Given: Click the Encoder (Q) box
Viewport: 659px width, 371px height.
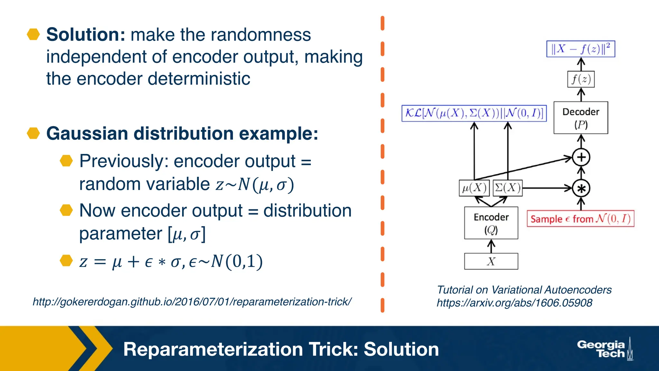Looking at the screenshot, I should [491, 223].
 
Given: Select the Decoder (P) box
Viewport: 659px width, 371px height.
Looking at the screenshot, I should [581, 118].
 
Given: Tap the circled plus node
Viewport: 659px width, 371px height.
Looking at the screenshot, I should [581, 157].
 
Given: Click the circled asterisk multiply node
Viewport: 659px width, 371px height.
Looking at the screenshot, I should [581, 188].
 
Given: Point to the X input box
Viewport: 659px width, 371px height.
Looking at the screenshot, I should [491, 261].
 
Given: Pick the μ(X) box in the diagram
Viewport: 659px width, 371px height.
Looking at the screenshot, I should [474, 188].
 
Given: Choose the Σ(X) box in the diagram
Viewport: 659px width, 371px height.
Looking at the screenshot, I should [507, 188].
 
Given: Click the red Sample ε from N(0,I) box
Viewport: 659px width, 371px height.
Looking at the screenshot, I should [580, 219].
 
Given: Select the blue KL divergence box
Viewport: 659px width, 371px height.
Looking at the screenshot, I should [474, 113].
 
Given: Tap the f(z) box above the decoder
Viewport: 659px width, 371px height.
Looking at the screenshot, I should [581, 79].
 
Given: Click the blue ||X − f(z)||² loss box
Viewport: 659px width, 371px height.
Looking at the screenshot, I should [580, 49].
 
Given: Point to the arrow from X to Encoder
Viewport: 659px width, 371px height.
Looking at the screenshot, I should [491, 246].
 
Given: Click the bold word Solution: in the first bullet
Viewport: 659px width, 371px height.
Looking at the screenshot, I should [86, 35].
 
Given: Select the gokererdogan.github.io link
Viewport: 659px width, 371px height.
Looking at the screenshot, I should [192, 302].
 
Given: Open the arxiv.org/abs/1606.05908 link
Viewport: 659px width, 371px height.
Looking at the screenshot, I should [514, 303].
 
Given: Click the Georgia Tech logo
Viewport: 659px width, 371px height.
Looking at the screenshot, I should [604, 349].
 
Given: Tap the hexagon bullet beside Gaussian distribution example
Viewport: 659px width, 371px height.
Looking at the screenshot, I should [33, 133].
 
